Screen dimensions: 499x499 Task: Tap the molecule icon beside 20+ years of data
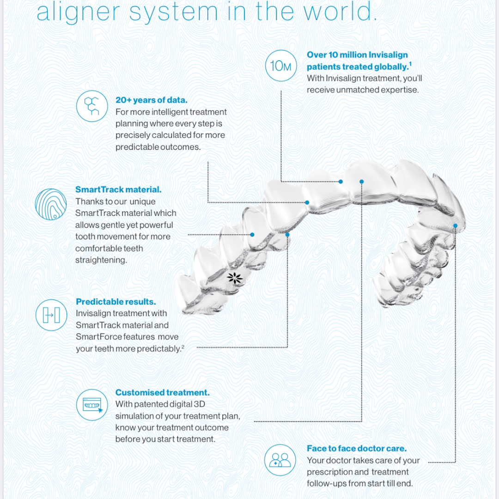[92, 106]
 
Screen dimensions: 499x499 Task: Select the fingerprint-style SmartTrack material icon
[51, 204]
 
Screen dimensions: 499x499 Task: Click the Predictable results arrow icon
[51, 315]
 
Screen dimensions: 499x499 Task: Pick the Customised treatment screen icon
[92, 405]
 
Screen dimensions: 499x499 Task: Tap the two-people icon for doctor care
[280, 460]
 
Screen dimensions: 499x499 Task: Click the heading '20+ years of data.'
[152, 100]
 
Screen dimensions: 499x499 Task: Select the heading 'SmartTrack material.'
[118, 190]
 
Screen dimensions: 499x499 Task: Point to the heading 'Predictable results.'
[116, 302]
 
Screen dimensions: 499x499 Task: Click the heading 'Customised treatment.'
[162, 392]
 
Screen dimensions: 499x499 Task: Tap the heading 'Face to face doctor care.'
[357, 448]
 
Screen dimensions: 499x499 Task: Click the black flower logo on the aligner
[235, 278]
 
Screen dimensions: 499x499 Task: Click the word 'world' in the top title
[337, 12]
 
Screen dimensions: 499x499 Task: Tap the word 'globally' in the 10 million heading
[391, 67]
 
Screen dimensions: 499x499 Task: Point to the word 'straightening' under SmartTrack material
[101, 260]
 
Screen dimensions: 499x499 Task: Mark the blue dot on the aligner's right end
[456, 225]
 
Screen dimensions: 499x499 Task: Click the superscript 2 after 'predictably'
[183, 347]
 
